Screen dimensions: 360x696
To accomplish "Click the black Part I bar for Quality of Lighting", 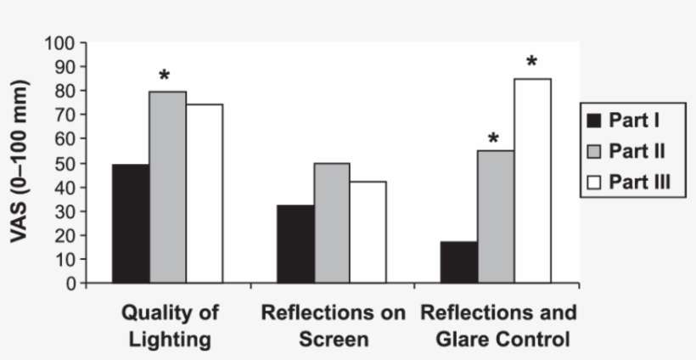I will tap(132, 223).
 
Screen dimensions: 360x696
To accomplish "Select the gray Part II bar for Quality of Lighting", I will tap(168, 187).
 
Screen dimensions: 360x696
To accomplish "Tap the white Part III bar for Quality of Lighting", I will tap(205, 194).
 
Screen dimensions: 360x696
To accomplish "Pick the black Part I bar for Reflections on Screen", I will tap(295, 244).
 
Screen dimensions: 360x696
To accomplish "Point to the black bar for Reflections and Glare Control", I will tap(459, 262).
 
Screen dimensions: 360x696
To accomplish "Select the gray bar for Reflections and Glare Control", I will tap(496, 217).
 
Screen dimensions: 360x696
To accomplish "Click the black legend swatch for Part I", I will tap(593, 121).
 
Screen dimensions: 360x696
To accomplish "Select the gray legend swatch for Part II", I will tap(593, 152).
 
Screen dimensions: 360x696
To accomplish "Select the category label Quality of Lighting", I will tap(170, 325).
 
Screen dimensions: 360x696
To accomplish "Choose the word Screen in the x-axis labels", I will tap(333, 340).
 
